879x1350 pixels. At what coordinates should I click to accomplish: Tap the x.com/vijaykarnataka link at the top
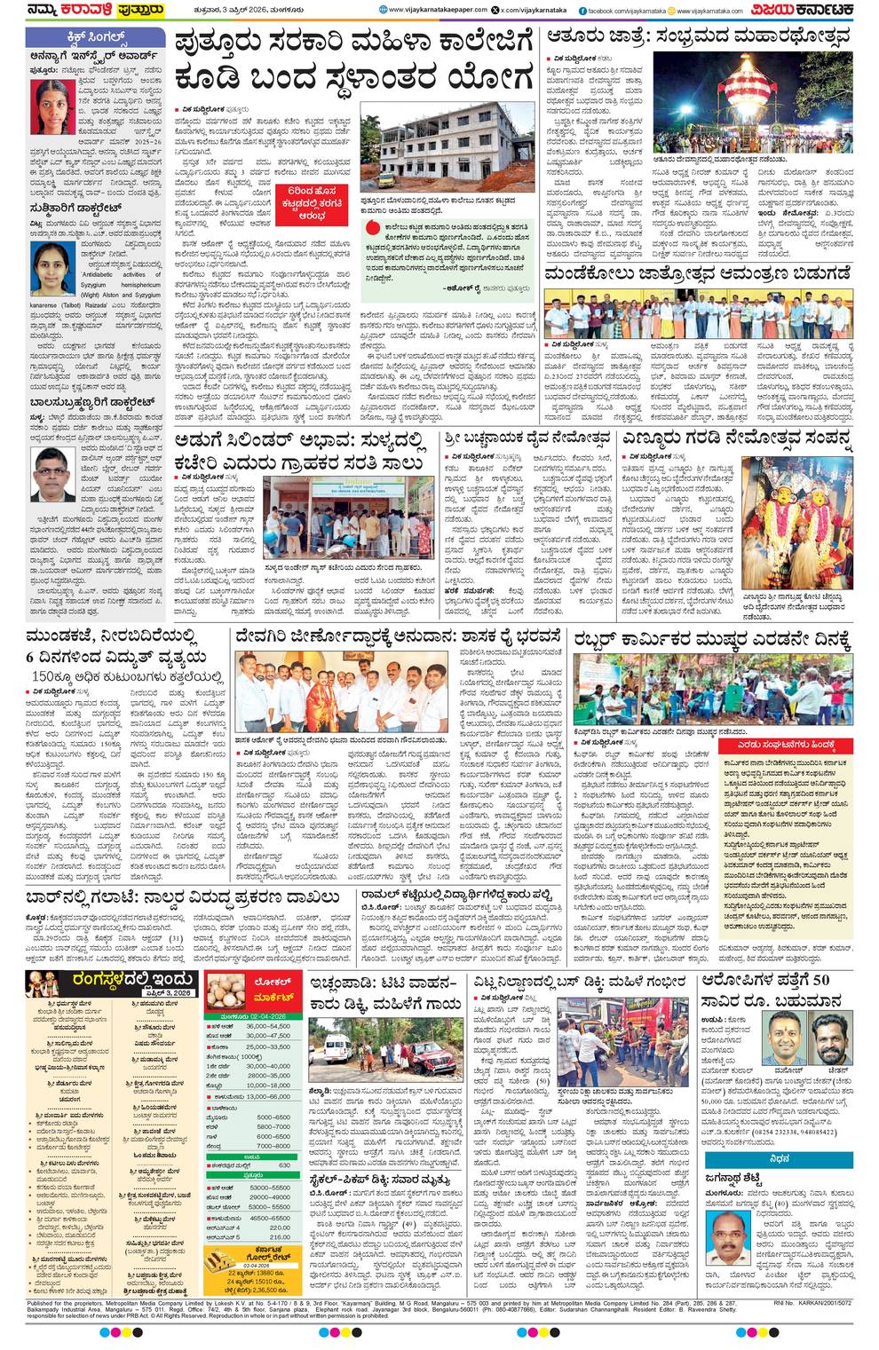click(x=532, y=10)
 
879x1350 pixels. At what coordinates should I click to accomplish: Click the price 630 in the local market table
click(x=284, y=1165)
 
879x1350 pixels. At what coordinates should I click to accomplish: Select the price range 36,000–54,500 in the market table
click(x=268, y=1026)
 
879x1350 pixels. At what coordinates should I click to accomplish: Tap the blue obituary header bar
click(x=779, y=1159)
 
